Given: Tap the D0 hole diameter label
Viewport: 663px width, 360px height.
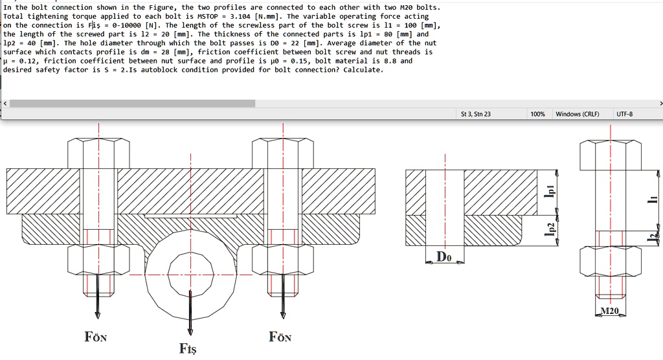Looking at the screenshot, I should [444, 256].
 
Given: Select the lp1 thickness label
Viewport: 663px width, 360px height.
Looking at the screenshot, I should [550, 192].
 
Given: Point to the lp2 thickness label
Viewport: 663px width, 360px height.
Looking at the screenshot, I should [550, 231].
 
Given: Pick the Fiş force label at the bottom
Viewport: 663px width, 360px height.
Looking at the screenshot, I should [188, 349].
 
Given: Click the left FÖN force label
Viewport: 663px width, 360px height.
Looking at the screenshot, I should [96, 337].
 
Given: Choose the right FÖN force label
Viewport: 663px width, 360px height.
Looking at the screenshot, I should [280, 337].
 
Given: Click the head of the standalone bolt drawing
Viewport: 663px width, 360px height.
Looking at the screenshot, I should [610, 155].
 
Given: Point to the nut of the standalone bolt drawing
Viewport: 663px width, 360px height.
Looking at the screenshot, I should [610, 261].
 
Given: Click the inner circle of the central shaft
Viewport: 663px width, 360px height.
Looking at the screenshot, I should [190, 272].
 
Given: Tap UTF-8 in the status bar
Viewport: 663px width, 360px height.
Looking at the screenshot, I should [625, 114].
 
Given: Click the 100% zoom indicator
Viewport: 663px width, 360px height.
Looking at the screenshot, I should [537, 114].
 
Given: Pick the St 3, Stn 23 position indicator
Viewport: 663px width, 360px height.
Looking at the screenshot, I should [475, 114].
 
